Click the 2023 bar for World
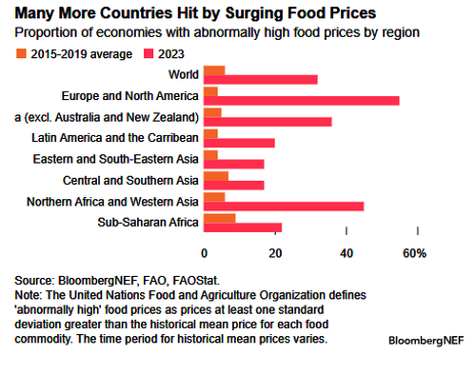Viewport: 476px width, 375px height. (x=260, y=78)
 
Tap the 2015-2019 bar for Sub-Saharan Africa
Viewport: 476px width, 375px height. (x=220, y=218)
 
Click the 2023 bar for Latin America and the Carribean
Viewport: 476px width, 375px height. (x=239, y=142)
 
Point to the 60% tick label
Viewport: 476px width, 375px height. (x=414, y=252)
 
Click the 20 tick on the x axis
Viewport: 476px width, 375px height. (x=276, y=252)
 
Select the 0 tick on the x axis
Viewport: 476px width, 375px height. (x=205, y=252)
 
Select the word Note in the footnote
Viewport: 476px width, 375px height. (x=30, y=296)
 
